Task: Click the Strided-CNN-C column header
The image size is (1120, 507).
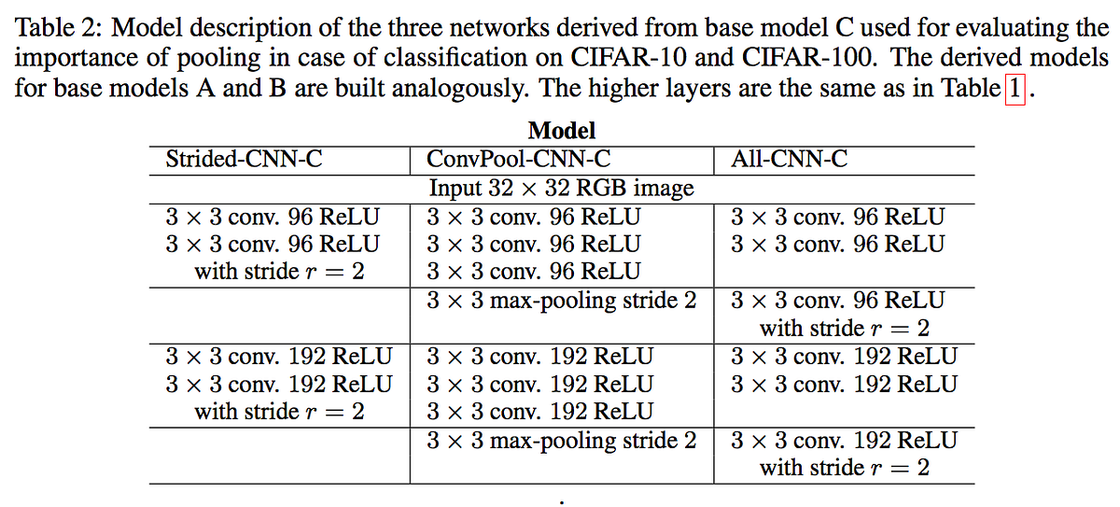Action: pos(244,159)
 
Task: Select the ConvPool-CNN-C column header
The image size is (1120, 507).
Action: pos(519,159)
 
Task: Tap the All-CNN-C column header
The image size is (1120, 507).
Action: pos(789,159)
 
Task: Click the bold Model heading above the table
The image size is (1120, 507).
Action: pos(562,131)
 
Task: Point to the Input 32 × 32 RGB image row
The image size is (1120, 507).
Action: pos(562,188)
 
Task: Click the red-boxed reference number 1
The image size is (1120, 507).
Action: pos(1015,89)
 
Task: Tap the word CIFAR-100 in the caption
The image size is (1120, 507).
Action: pos(809,58)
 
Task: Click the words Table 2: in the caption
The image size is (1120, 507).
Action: pos(59,27)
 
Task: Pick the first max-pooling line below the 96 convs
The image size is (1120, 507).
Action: pos(562,301)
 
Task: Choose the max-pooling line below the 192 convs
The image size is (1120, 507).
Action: pos(562,441)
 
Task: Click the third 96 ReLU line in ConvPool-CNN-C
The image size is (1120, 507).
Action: pos(534,272)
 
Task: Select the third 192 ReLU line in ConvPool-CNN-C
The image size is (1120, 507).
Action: pos(540,412)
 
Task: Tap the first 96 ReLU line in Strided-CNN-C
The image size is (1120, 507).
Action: pos(273,217)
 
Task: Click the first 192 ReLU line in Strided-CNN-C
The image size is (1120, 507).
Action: pos(279,357)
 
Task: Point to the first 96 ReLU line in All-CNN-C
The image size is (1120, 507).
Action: pos(837,217)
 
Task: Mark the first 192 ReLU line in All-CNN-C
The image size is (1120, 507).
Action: pos(844,357)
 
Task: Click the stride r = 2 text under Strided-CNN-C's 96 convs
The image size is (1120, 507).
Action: pos(279,272)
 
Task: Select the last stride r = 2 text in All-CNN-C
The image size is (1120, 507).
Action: pos(845,468)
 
